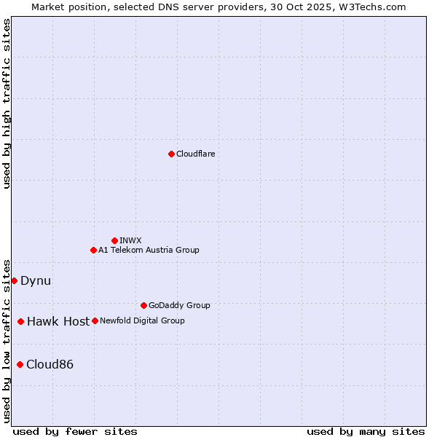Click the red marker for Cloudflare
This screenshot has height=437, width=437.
(x=171, y=154)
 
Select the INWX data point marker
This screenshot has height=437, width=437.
(x=114, y=240)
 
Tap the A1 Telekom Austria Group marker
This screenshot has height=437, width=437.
(x=93, y=250)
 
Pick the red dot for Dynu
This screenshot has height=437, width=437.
(x=14, y=280)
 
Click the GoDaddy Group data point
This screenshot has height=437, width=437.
(x=143, y=305)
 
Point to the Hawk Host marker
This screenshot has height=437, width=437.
(x=20, y=321)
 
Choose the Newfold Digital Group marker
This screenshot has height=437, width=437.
(x=95, y=320)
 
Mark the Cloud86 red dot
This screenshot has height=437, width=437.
(x=20, y=364)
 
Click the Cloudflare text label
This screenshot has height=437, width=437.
(x=195, y=154)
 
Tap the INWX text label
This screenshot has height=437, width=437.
(x=130, y=240)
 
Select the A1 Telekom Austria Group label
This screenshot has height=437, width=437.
(x=149, y=250)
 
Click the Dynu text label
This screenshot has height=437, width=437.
(x=36, y=280)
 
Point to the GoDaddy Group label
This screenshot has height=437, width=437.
(x=179, y=305)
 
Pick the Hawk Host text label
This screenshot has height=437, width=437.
(x=58, y=321)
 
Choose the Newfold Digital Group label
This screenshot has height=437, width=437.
(x=142, y=320)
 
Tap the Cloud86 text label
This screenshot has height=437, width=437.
(x=50, y=364)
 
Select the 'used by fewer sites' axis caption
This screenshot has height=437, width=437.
(x=75, y=431)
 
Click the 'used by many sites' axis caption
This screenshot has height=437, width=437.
(x=366, y=431)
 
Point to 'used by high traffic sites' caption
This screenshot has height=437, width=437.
(x=7, y=103)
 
